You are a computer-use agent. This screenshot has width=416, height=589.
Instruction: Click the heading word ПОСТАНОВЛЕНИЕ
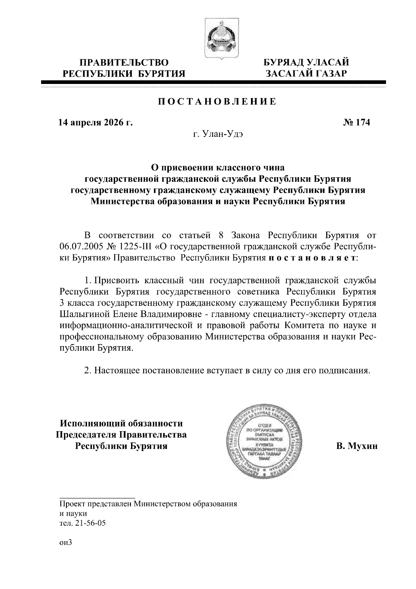217,102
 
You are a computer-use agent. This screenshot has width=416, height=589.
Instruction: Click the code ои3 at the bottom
65,543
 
